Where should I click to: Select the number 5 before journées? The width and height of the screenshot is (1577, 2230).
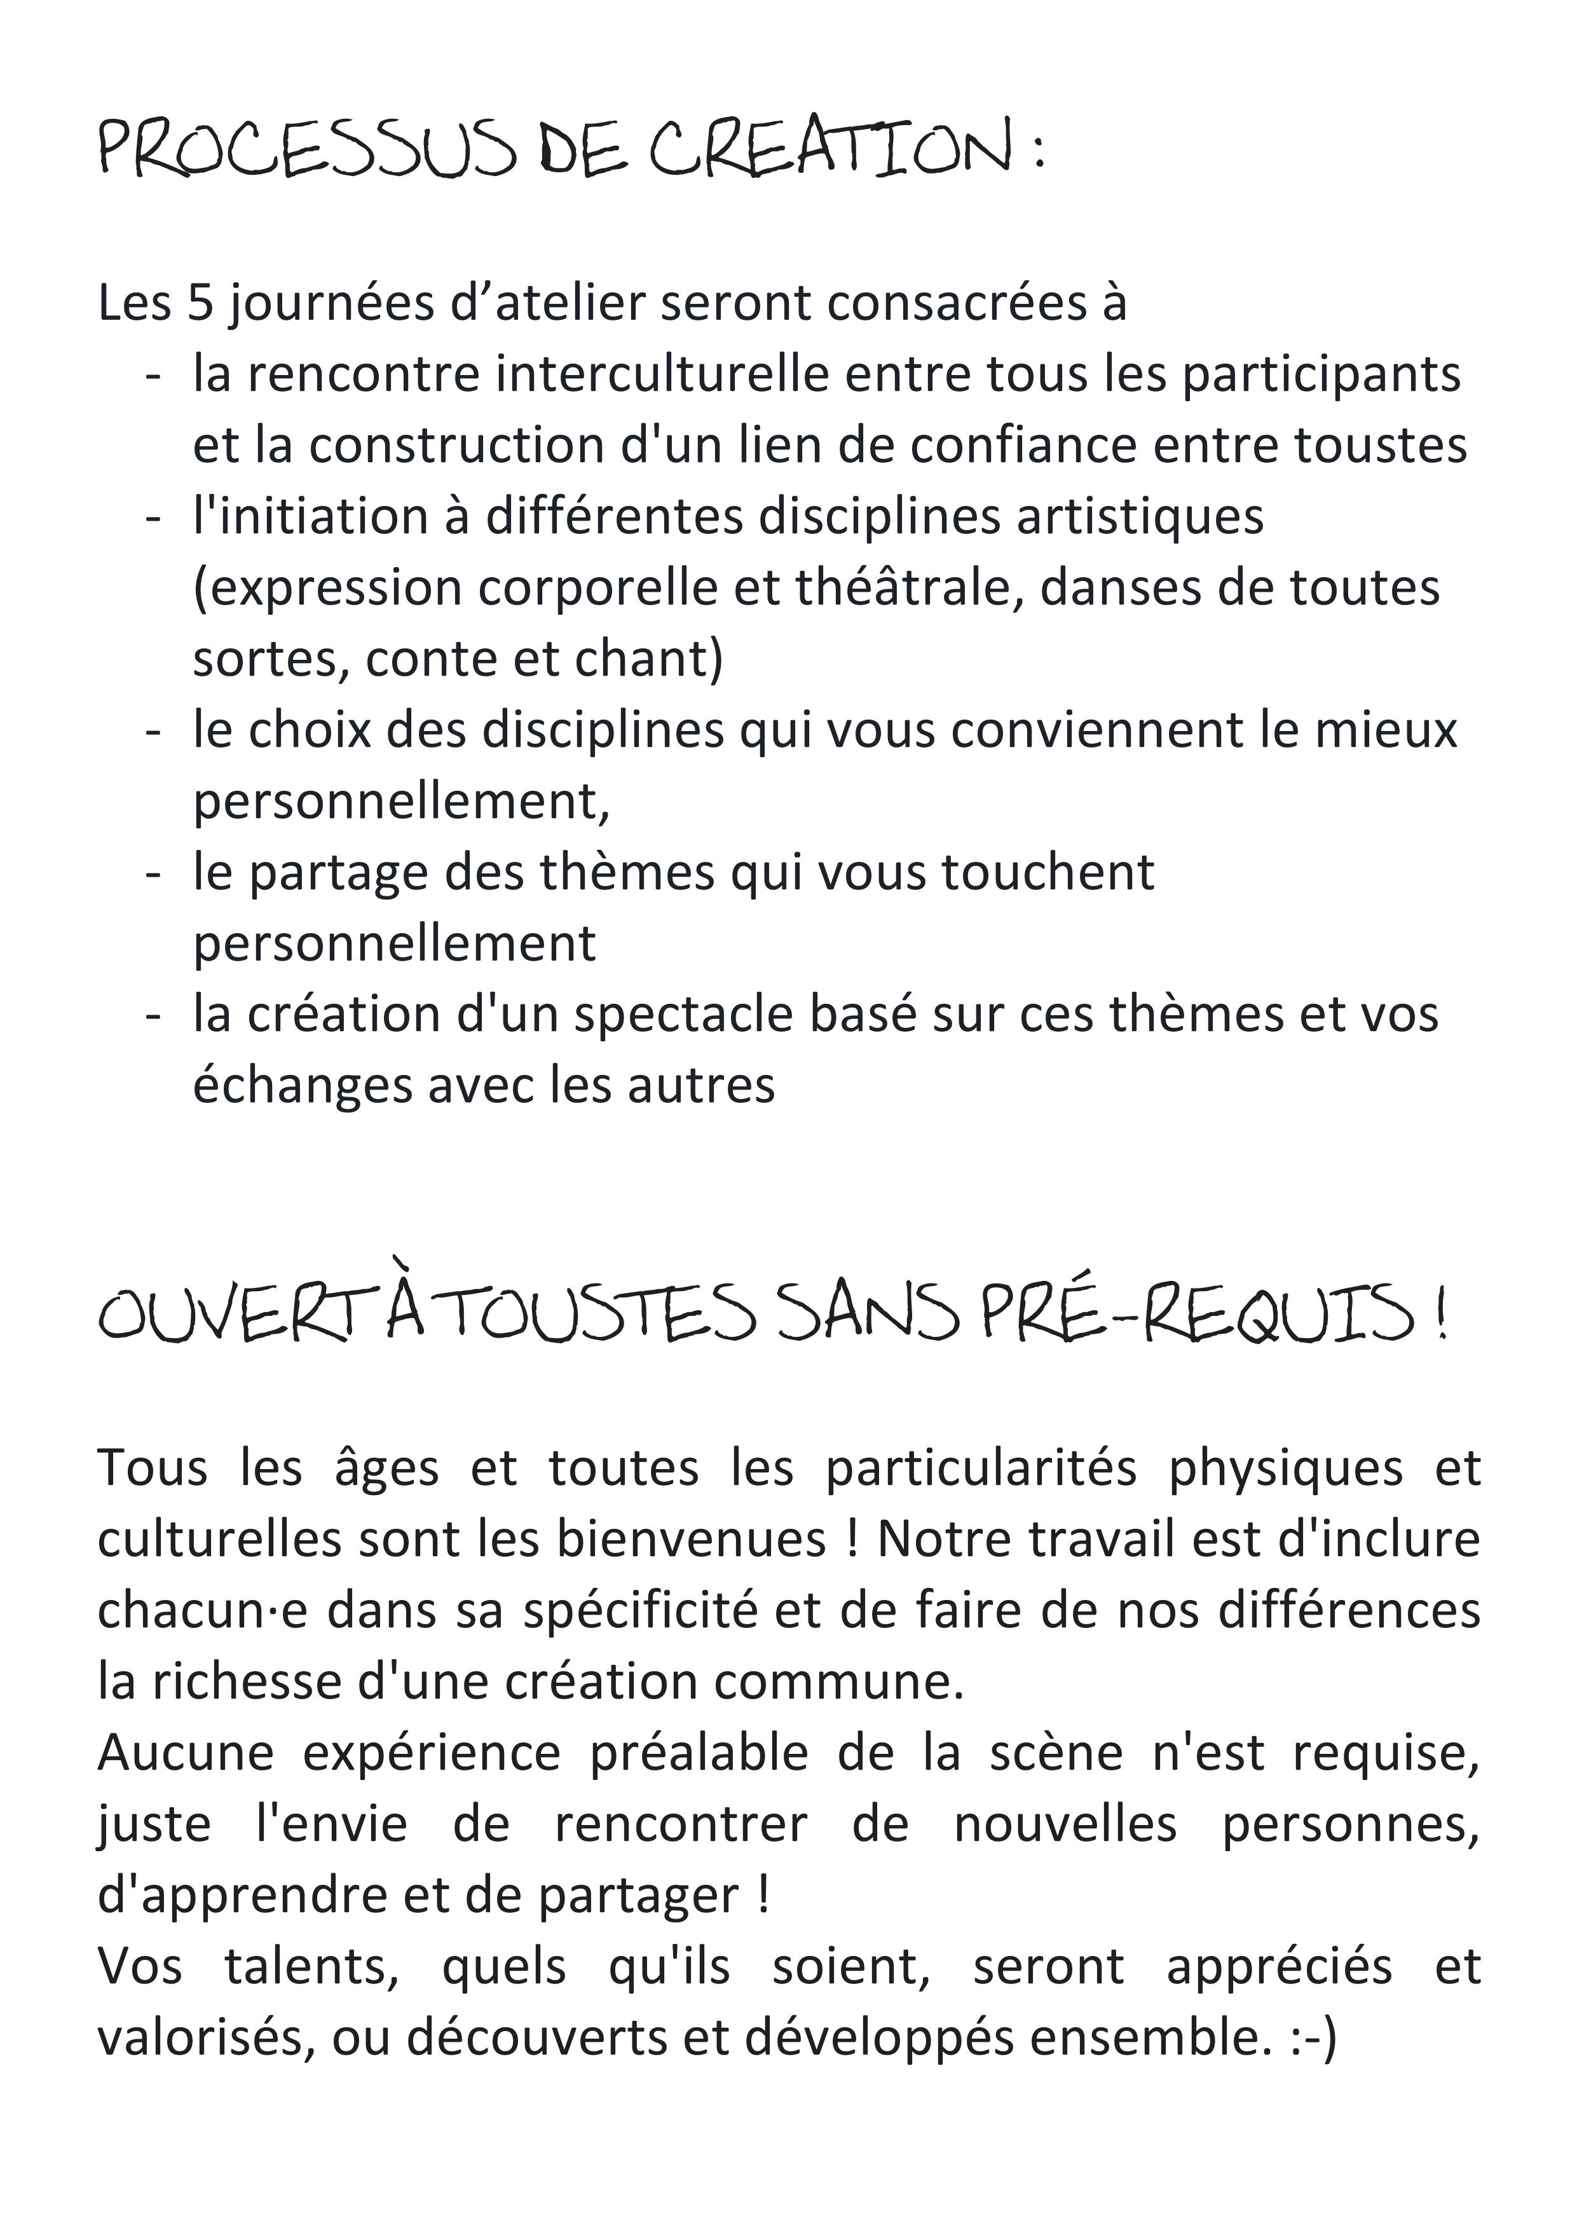point(200,303)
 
